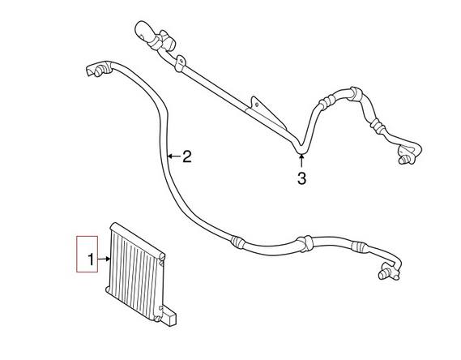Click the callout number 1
pos(92,259)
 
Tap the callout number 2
pos(186,156)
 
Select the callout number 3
pos(301,178)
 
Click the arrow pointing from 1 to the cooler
pos(104,259)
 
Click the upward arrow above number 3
pos(301,161)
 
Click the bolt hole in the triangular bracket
pos(257,104)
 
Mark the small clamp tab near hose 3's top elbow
pos(180,64)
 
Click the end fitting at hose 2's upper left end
pos(99,69)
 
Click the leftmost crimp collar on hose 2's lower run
pos(237,242)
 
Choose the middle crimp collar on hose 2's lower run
pos(305,244)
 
